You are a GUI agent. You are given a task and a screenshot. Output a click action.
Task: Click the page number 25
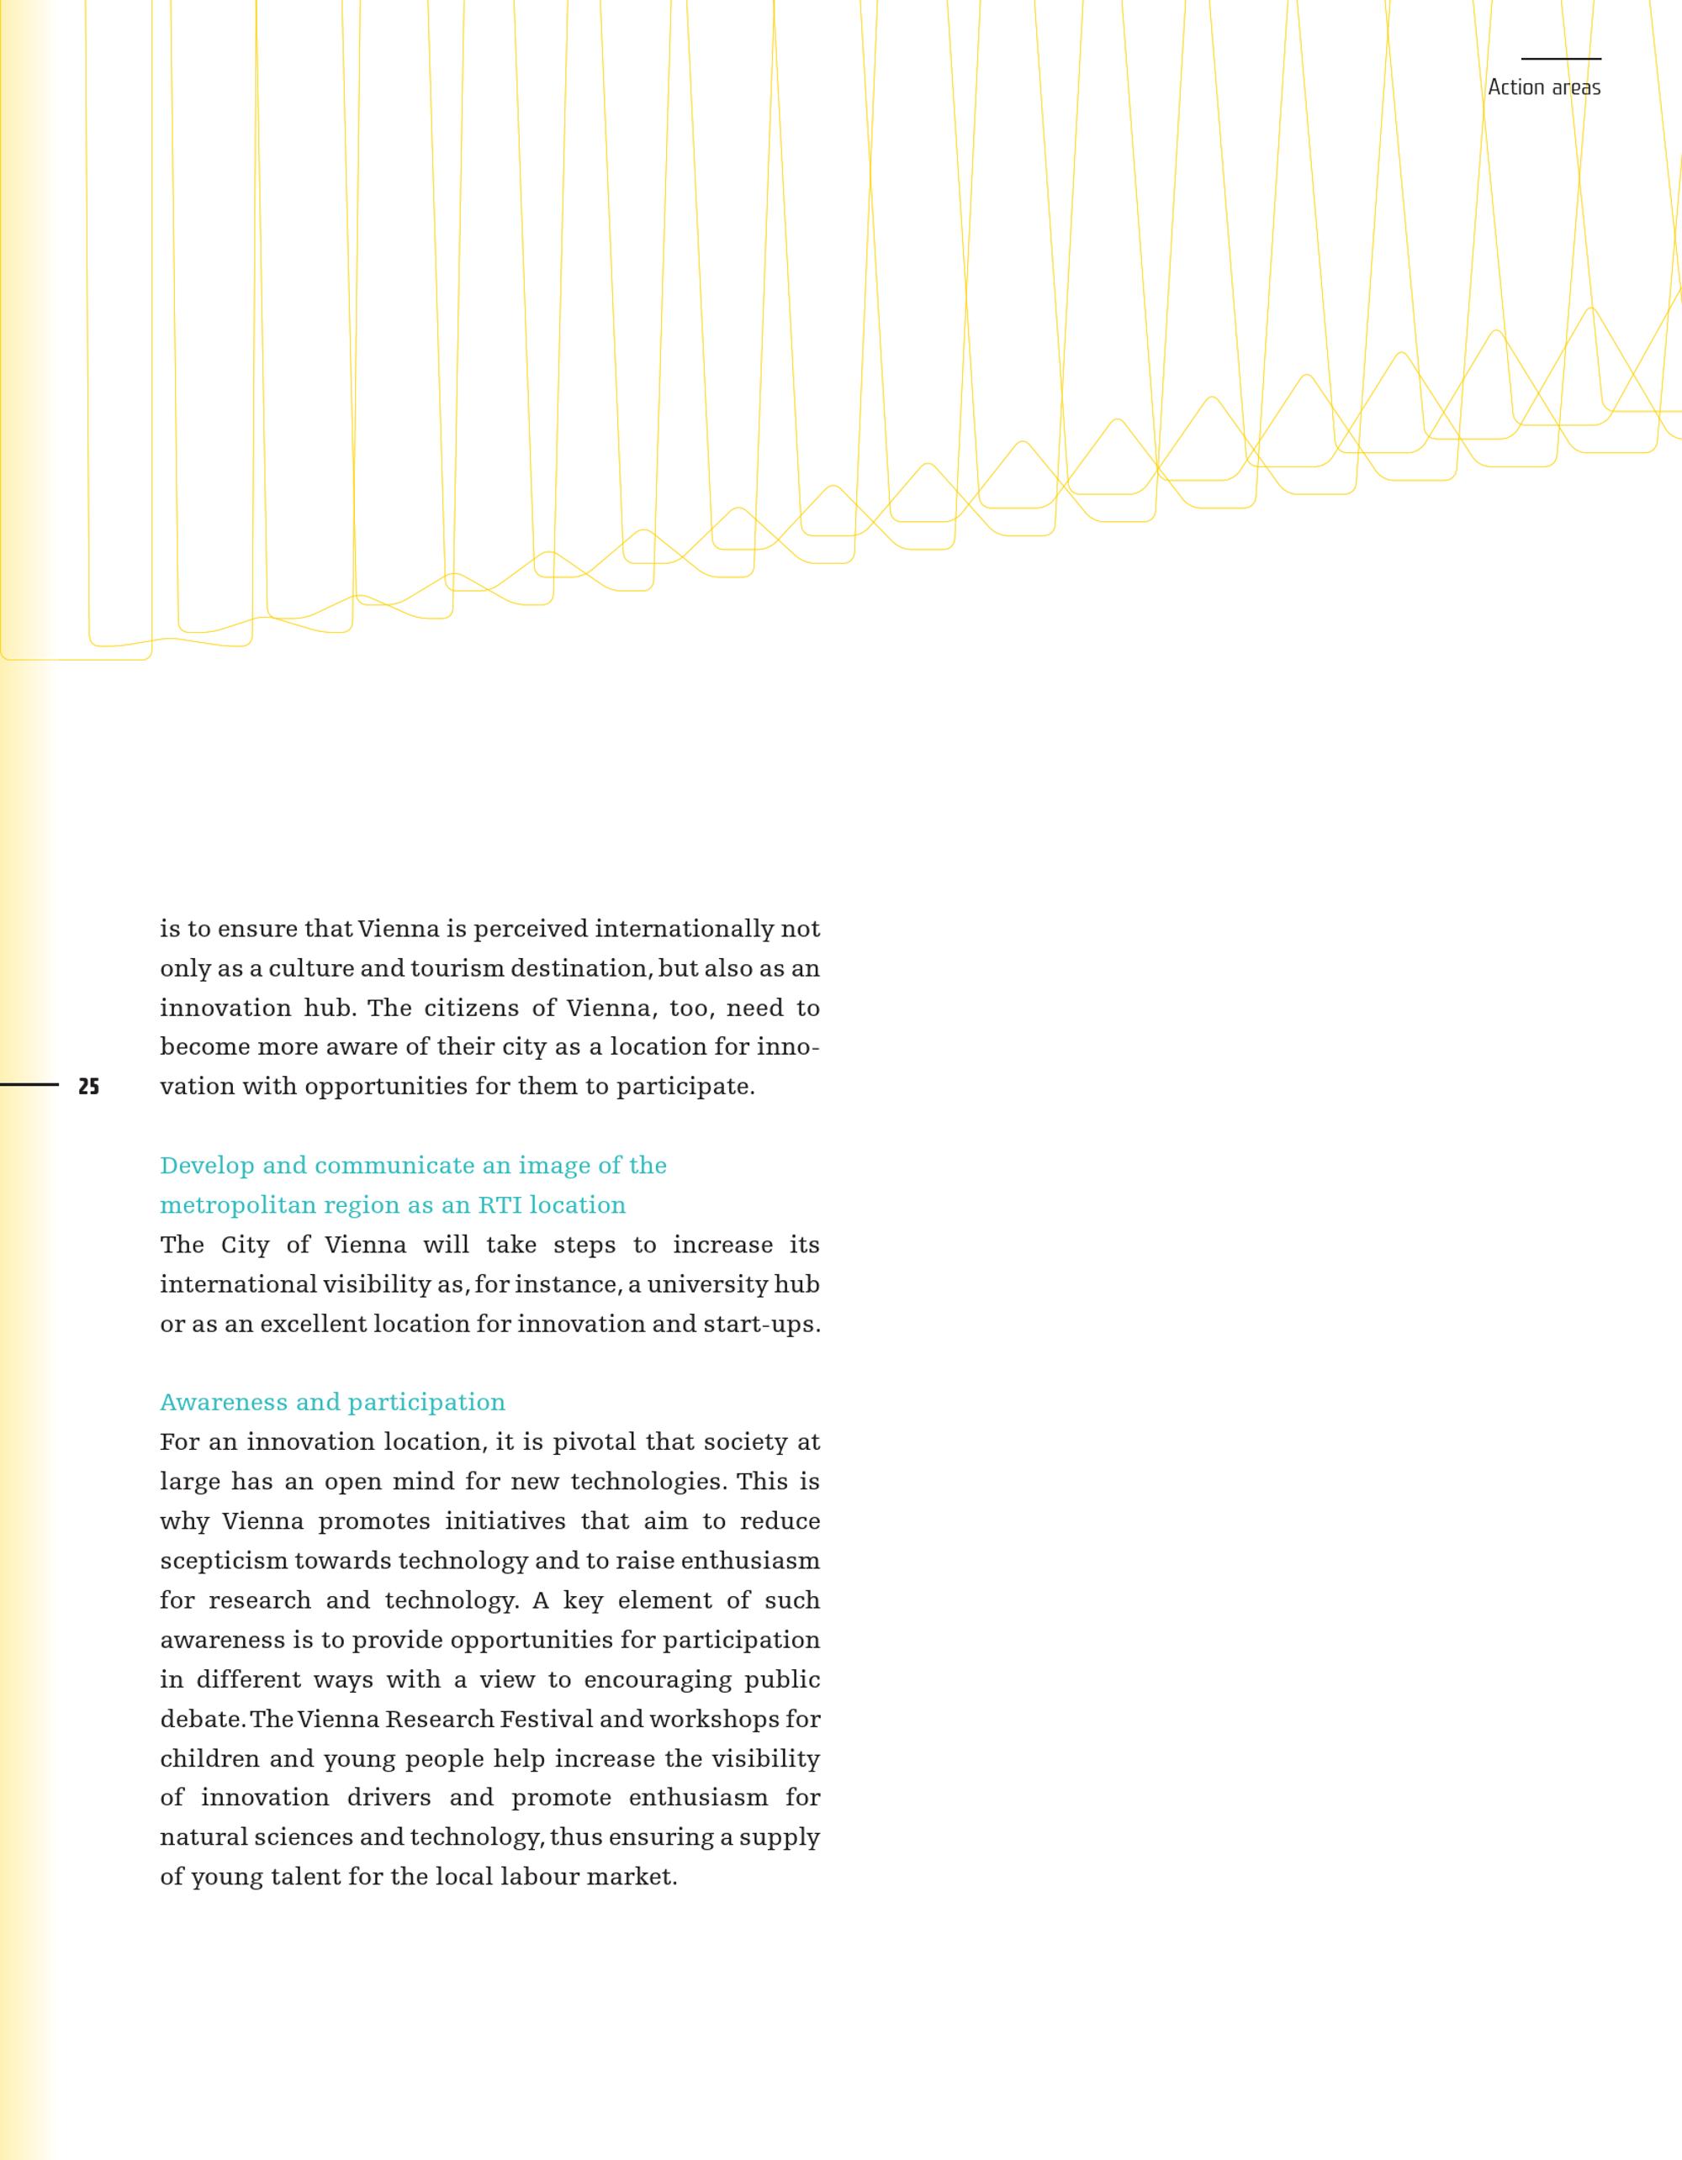pyautogui.click(x=89, y=1087)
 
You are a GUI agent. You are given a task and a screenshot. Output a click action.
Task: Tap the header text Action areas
pyautogui.click(x=1543, y=88)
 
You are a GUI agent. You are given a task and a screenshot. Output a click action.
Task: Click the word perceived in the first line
pyautogui.click(x=531, y=930)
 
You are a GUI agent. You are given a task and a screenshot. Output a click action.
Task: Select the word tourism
pyautogui.click(x=451, y=968)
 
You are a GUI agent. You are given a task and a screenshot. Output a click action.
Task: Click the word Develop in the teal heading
pyautogui.click(x=207, y=1166)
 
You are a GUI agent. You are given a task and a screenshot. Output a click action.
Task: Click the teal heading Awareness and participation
pyautogui.click(x=332, y=1403)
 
